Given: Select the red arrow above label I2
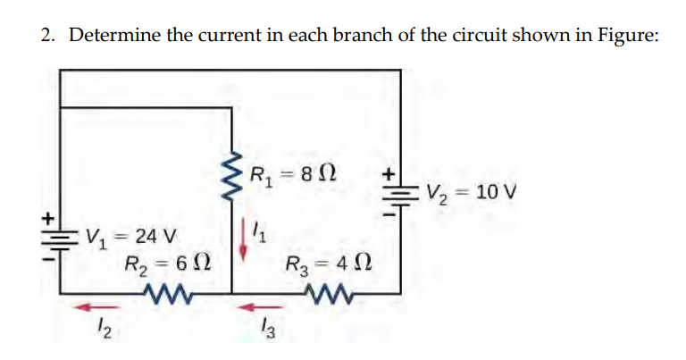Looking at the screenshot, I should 87,307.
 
